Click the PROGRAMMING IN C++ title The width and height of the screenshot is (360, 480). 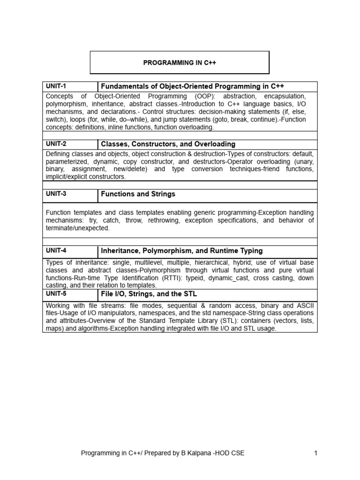pyautogui.click(x=180, y=62)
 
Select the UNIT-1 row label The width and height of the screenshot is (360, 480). pyautogui.click(x=56, y=86)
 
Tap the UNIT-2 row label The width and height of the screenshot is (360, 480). pyautogui.click(x=56, y=144)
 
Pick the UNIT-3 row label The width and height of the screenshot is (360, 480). pyautogui.click(x=56, y=194)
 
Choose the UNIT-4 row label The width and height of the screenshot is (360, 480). pyautogui.click(x=56, y=251)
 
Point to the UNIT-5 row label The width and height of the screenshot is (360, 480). pyautogui.click(x=56, y=294)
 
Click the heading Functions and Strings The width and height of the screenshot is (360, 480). pyautogui.click(x=138, y=194)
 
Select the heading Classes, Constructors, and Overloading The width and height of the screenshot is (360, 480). pyautogui.click(x=168, y=144)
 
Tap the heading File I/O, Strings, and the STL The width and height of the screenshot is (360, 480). pyautogui.click(x=149, y=294)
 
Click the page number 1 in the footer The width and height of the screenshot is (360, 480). pyautogui.click(x=316, y=453)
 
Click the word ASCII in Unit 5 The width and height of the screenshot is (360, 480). pyautogui.click(x=305, y=306)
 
